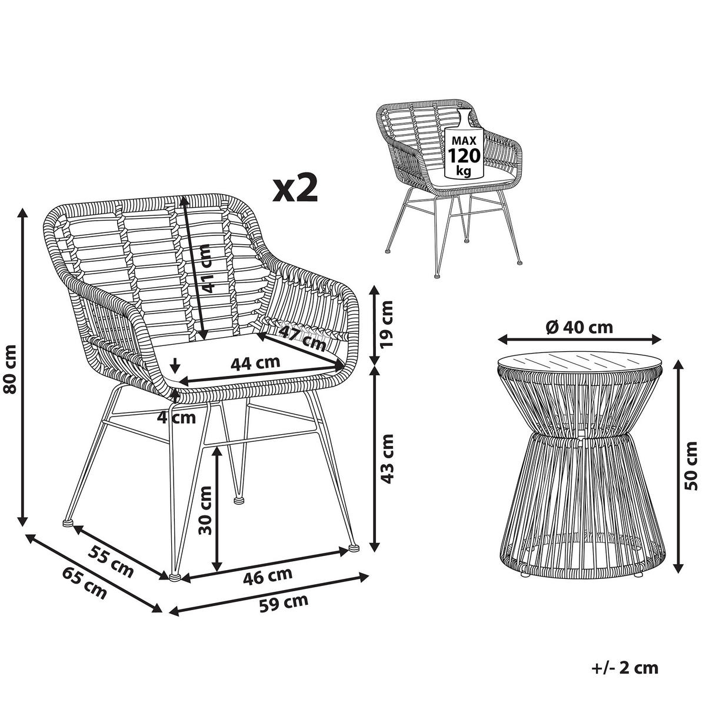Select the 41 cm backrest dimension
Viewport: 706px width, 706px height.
pyautogui.click(x=206, y=269)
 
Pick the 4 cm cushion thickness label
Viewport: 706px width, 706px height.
pyautogui.click(x=176, y=418)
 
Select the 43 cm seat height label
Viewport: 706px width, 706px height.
pyautogui.click(x=387, y=458)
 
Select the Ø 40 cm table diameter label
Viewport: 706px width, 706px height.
pyautogui.click(x=579, y=327)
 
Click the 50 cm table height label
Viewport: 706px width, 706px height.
pyautogui.click(x=694, y=467)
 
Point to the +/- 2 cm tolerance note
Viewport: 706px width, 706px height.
pyautogui.click(x=624, y=668)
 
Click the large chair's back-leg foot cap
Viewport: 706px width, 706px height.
pyautogui.click(x=239, y=501)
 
